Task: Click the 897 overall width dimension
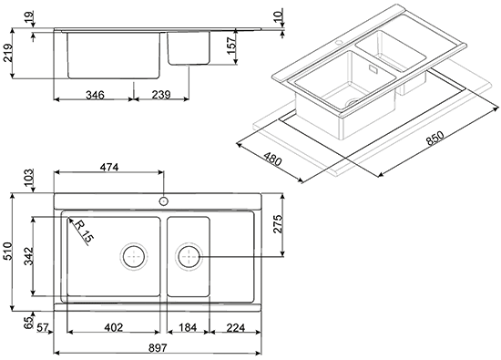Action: point(158,348)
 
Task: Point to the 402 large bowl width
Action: point(114,327)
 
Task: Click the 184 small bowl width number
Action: point(188,327)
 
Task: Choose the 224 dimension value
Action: point(236,327)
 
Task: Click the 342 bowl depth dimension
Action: point(29,256)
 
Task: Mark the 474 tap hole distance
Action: point(109,167)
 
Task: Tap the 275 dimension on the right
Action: point(278,224)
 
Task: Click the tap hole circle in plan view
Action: point(164,201)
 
